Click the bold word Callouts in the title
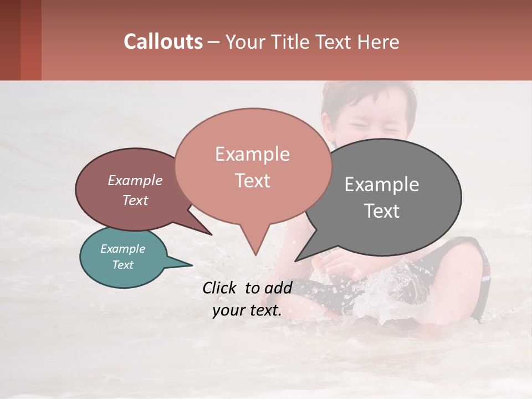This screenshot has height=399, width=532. tap(163, 42)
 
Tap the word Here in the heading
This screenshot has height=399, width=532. tap(378, 42)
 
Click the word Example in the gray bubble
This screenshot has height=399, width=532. tap(382, 185)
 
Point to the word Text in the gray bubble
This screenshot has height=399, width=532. tap(382, 211)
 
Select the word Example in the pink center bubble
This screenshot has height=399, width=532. tap(252, 154)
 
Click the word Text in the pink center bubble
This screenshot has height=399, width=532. tap(253, 181)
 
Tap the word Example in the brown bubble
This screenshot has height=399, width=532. tap(135, 181)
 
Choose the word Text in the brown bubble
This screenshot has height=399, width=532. tap(135, 201)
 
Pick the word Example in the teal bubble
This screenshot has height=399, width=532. tap(122, 249)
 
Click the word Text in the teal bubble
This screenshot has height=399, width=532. tap(122, 265)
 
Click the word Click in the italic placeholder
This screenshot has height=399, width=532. tap(221, 288)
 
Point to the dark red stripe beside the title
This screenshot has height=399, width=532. tap(31, 40)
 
